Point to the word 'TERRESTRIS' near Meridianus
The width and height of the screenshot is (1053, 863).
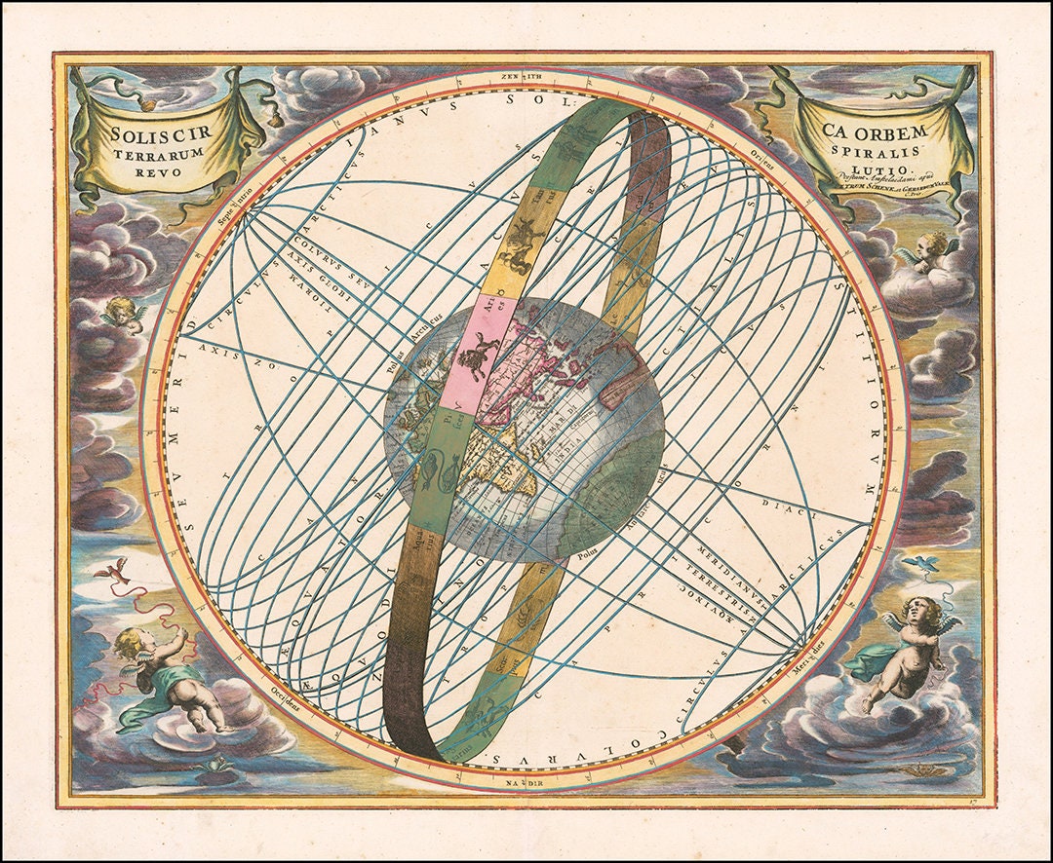[x=726, y=586]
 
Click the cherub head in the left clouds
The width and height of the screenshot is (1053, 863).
[x=123, y=312]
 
